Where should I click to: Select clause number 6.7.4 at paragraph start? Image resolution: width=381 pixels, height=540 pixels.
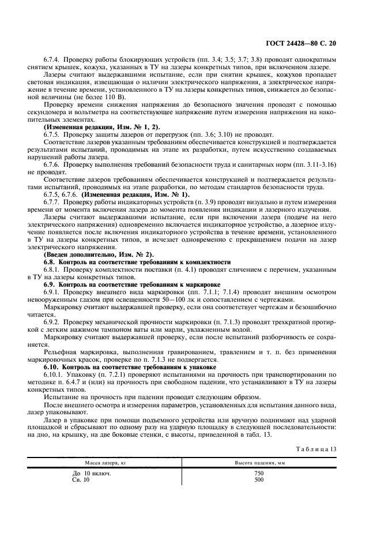(52, 59)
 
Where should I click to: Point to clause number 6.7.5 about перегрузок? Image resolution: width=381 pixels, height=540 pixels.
(52, 134)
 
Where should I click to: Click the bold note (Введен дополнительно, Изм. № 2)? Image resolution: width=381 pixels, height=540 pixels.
(99, 254)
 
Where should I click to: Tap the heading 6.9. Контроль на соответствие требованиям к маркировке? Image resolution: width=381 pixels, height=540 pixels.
(132, 284)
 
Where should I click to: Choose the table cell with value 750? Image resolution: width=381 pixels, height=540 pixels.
(259, 473)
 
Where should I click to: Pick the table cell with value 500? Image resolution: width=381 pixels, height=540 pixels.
(259, 480)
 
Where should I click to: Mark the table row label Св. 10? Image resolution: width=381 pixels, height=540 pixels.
(81, 480)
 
